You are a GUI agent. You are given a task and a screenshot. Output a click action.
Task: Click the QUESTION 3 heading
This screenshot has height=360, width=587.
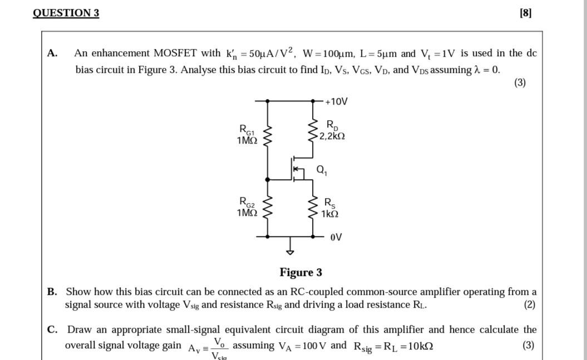click(66, 13)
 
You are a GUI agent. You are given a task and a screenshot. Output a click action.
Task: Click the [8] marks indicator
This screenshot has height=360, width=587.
click(525, 13)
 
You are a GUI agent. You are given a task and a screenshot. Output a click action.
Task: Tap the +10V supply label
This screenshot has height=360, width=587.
click(336, 101)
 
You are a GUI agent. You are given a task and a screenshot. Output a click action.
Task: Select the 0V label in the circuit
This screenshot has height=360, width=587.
click(336, 238)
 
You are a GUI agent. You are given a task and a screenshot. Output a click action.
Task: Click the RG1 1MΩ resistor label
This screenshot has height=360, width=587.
click(247, 135)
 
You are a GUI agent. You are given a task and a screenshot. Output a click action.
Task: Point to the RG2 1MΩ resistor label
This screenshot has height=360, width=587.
click(247, 206)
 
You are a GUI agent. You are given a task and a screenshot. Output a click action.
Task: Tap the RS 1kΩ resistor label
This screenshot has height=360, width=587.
click(330, 208)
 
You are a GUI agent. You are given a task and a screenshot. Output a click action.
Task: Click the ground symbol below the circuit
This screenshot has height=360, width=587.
click(289, 250)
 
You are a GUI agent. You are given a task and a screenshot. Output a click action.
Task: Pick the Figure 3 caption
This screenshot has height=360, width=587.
click(300, 272)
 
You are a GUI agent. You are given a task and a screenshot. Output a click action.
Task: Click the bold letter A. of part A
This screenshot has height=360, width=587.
click(53, 53)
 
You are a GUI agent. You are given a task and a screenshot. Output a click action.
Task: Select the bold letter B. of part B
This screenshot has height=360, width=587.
click(53, 292)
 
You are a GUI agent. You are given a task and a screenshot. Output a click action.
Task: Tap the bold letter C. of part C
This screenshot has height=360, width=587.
click(53, 329)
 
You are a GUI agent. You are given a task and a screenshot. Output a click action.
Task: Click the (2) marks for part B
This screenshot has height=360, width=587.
click(529, 304)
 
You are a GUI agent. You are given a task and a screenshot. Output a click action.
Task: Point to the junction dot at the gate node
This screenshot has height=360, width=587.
click(268, 180)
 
